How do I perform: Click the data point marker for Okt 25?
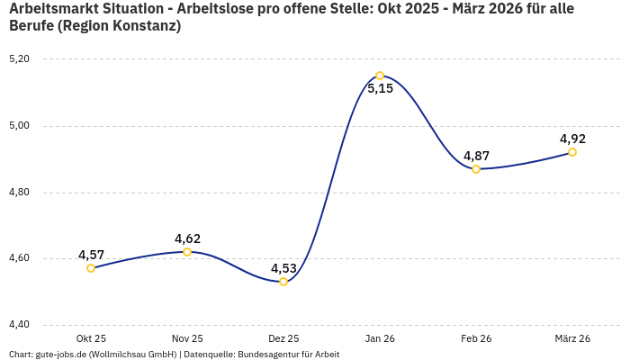[91, 268]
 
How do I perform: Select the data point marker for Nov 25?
[187, 252]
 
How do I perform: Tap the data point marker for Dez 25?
[283, 282]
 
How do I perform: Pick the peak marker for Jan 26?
[380, 76]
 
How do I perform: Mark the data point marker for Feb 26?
[476, 169]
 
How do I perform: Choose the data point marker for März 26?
[572, 152]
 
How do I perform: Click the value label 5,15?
[380, 89]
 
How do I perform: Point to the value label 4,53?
[283, 268]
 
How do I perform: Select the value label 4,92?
[572, 139]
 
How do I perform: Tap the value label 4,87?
[476, 156]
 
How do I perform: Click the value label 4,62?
[187, 238]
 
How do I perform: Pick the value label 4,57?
[91, 255]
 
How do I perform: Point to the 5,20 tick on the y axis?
[19, 58]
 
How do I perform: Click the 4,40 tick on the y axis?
[19, 325]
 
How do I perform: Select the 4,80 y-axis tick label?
[19, 192]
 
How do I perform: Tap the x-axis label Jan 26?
[380, 338]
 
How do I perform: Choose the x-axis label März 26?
[572, 338]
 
